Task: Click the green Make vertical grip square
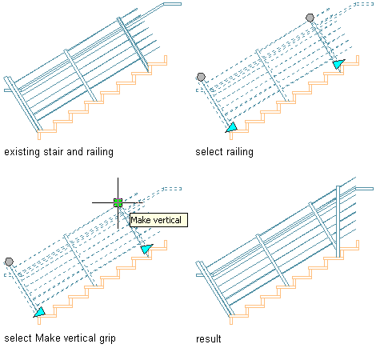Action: (x=118, y=202)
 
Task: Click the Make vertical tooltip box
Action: (x=158, y=220)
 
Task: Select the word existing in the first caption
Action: (x=22, y=152)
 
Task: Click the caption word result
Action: (x=209, y=339)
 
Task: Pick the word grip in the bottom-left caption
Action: (x=107, y=338)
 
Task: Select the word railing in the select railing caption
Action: (x=239, y=152)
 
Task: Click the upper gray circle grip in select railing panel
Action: (x=310, y=18)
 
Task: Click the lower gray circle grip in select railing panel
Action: (x=201, y=77)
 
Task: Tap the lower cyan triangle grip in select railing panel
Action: (x=232, y=127)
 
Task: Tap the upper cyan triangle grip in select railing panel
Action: (x=338, y=64)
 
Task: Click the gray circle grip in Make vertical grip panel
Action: (x=9, y=262)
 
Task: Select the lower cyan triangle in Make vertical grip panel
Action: (x=39, y=312)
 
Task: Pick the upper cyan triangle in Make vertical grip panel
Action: (x=146, y=249)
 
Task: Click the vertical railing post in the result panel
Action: (x=338, y=222)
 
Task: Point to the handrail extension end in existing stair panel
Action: (x=173, y=4)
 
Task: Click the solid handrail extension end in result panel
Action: (x=365, y=189)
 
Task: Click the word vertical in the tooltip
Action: (x=167, y=220)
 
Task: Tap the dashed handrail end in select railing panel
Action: (x=364, y=4)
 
